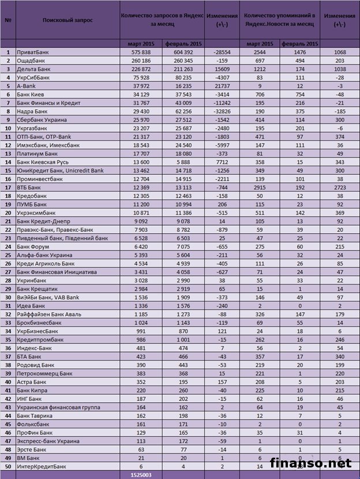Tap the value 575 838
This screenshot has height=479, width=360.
[x=141, y=52]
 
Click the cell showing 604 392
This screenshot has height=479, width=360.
[x=183, y=52]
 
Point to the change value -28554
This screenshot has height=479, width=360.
[x=220, y=52]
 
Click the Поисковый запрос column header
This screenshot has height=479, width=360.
[x=67, y=20]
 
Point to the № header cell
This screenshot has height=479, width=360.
[x=9, y=20]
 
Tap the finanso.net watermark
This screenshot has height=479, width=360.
[x=318, y=463]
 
